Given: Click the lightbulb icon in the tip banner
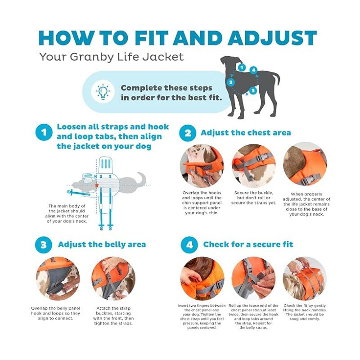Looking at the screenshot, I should [103, 92].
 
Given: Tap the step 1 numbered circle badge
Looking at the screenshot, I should [44, 133].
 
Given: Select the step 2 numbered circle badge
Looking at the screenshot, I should [188, 133].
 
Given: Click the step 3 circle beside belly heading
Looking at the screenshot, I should [44, 245].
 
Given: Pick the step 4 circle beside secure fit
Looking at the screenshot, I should [189, 245].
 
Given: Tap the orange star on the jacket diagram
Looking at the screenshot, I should [96, 184].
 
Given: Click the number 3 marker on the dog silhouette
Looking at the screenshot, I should [253, 90].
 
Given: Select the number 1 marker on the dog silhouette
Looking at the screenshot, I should [242, 67].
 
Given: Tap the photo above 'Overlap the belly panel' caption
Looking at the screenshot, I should [58, 279].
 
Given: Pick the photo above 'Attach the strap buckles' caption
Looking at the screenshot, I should [113, 279].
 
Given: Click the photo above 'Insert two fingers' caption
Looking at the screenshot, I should [202, 278].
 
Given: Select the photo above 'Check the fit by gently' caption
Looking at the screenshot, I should [305, 278].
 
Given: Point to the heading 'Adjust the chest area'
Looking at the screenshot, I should [246, 133].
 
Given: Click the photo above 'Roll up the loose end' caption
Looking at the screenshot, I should [253, 278].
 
